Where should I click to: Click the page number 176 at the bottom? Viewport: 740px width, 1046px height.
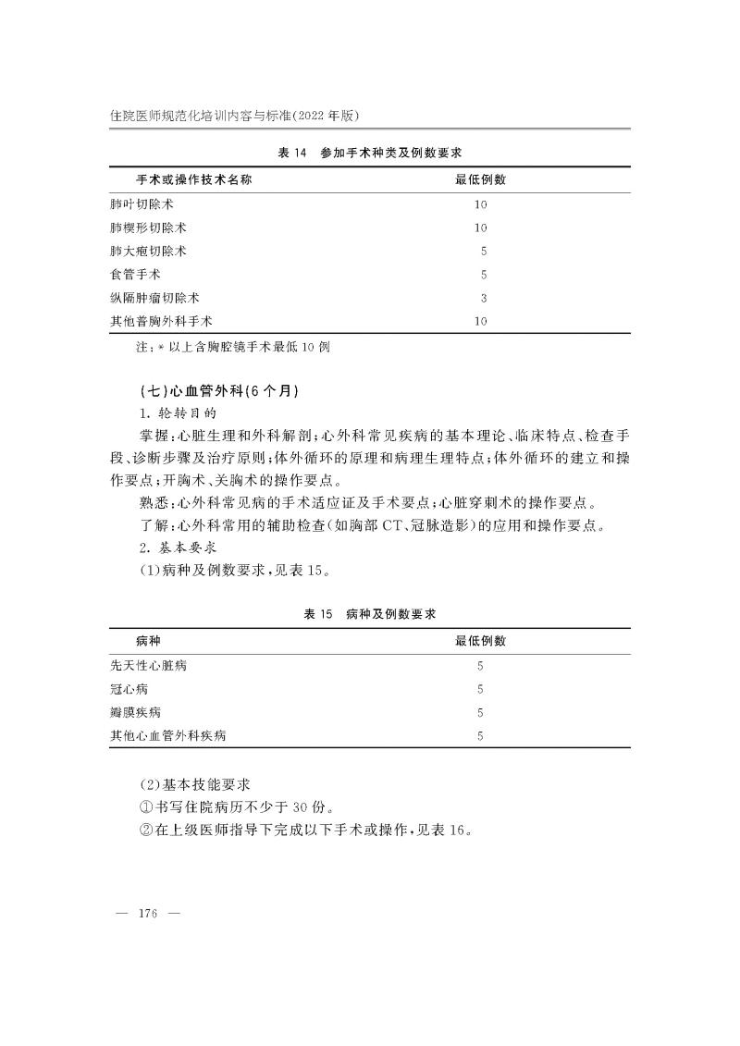[x=148, y=914]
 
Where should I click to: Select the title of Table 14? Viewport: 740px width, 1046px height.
[x=370, y=153]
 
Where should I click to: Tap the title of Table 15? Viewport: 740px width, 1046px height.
[x=370, y=614]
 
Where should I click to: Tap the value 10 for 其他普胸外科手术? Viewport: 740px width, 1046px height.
[x=480, y=322]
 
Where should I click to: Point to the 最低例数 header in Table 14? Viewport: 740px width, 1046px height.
[x=480, y=179]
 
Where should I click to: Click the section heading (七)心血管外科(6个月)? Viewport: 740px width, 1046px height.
[x=217, y=391]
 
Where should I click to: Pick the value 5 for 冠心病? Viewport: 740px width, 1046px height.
[x=480, y=689]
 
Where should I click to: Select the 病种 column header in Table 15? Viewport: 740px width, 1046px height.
[x=148, y=641]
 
